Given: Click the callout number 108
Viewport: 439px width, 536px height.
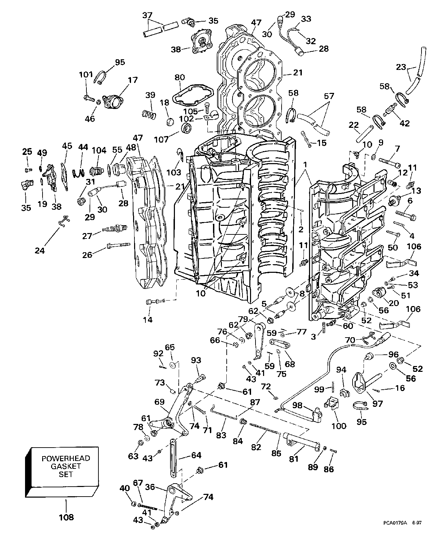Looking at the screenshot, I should click(66, 517).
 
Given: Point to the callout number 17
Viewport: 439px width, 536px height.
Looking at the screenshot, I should click(132, 80).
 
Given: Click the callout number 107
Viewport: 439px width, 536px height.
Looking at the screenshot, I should click(162, 139).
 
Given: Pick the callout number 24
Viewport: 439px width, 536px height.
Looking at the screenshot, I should click(40, 251).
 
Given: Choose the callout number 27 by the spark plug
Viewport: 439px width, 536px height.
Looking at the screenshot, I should click(87, 236).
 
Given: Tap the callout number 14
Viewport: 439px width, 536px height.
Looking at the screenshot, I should click(148, 320).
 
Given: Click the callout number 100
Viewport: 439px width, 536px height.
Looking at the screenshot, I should click(339, 426).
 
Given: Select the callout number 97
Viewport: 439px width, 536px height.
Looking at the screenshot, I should click(378, 404).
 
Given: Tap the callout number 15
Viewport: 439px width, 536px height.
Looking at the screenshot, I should click(322, 143).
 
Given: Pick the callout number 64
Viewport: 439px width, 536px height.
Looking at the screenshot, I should click(196, 455).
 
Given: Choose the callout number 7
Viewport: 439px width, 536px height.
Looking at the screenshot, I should click(397, 149).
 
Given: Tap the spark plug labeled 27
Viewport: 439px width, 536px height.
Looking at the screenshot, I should click(115, 229).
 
